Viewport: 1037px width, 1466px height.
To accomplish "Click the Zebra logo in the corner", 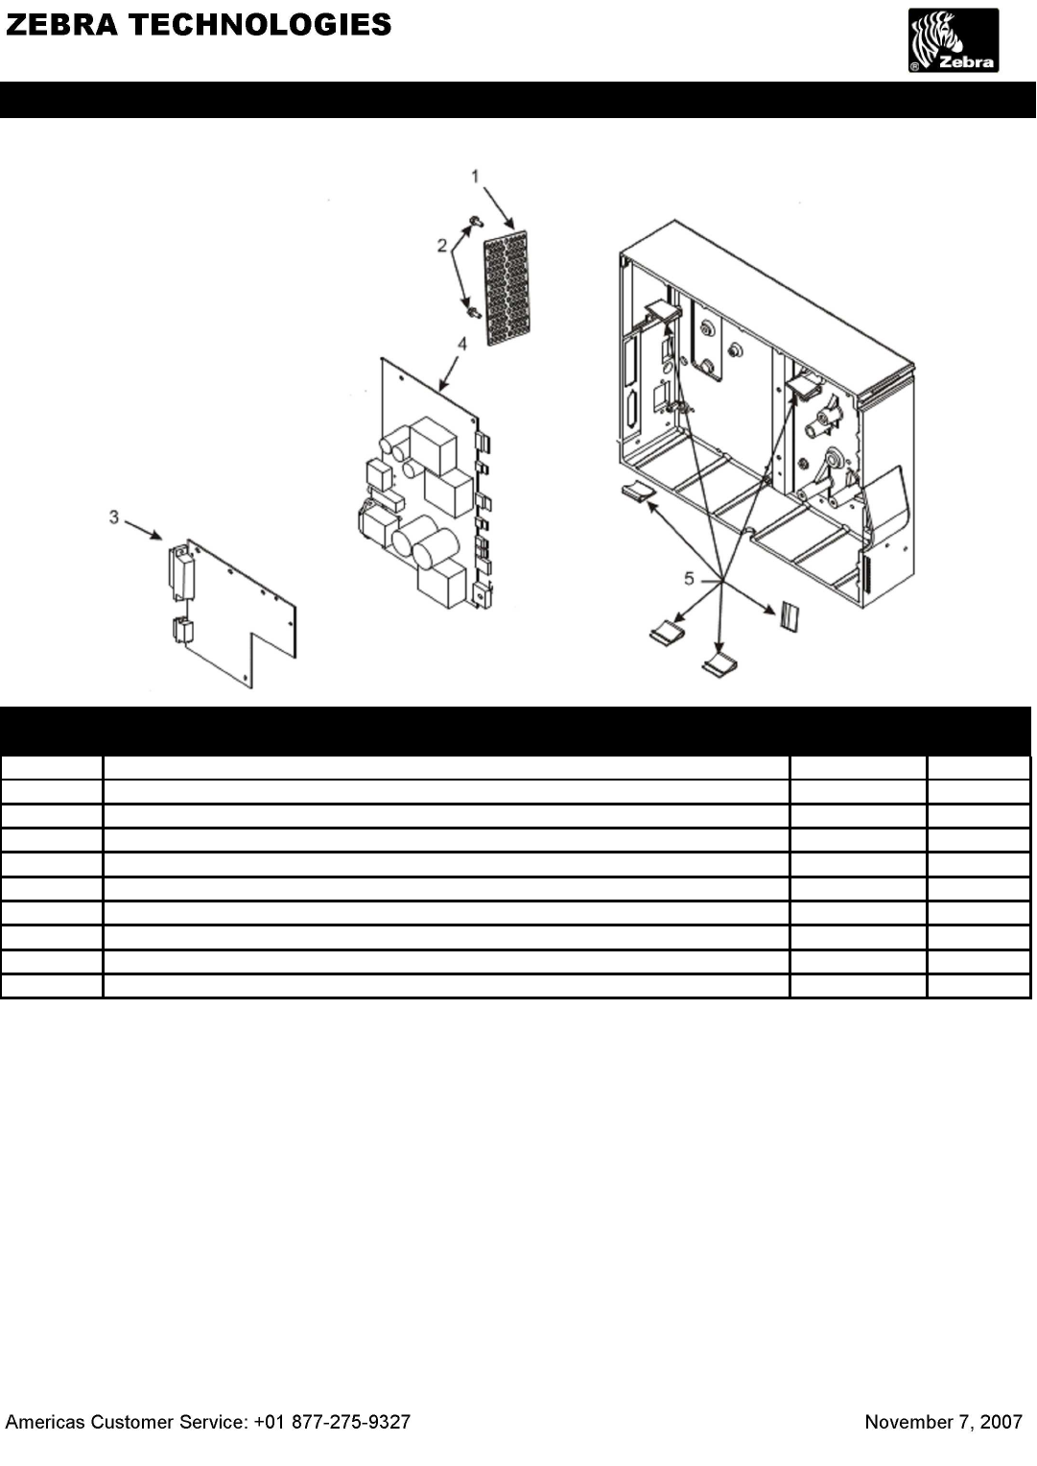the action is click(954, 40).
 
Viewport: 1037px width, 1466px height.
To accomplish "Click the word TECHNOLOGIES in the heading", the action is click(260, 25).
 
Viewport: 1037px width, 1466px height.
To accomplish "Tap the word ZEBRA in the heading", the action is click(62, 25).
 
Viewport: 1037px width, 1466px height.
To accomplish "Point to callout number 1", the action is click(476, 176).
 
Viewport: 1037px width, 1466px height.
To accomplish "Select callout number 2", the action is click(442, 246).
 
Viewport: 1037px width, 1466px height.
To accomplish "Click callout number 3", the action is click(114, 517).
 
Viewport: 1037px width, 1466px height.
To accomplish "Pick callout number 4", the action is click(462, 344).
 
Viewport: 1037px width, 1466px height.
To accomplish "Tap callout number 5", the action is click(689, 579).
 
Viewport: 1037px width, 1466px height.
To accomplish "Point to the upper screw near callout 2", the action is click(476, 222).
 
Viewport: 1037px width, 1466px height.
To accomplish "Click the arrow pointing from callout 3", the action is click(143, 530).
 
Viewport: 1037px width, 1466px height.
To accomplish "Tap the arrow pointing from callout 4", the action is click(449, 373).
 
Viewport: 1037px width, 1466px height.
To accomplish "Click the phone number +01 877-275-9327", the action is click(332, 1422).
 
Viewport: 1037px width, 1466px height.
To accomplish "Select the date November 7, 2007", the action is click(944, 1422).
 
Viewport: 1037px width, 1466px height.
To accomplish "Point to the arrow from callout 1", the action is click(499, 208).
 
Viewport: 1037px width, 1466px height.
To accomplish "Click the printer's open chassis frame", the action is click(766, 414).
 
